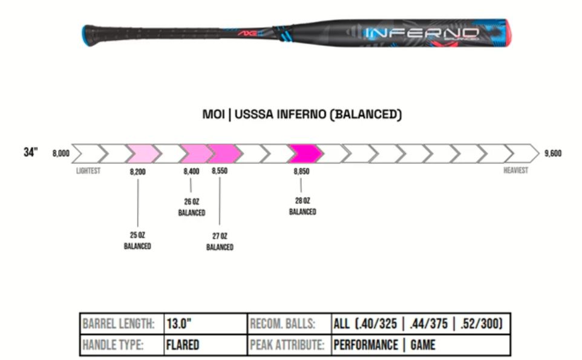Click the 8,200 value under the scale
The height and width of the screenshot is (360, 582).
[138, 172]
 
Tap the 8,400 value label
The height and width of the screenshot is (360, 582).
[191, 172]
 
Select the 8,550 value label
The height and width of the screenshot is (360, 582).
[220, 172]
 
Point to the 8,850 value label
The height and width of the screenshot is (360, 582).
[301, 172]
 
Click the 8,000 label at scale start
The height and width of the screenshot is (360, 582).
[61, 154]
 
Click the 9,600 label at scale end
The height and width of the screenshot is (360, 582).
[552, 154]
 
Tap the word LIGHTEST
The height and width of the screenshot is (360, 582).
[88, 171]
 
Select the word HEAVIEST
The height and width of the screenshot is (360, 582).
[515, 171]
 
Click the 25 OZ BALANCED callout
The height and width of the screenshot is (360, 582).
[137, 241]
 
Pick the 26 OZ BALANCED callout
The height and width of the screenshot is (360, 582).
[191, 207]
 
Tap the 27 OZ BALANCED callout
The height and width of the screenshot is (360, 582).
[220, 241]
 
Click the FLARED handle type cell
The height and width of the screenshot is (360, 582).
[183, 345]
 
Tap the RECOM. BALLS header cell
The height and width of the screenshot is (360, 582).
[283, 324]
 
